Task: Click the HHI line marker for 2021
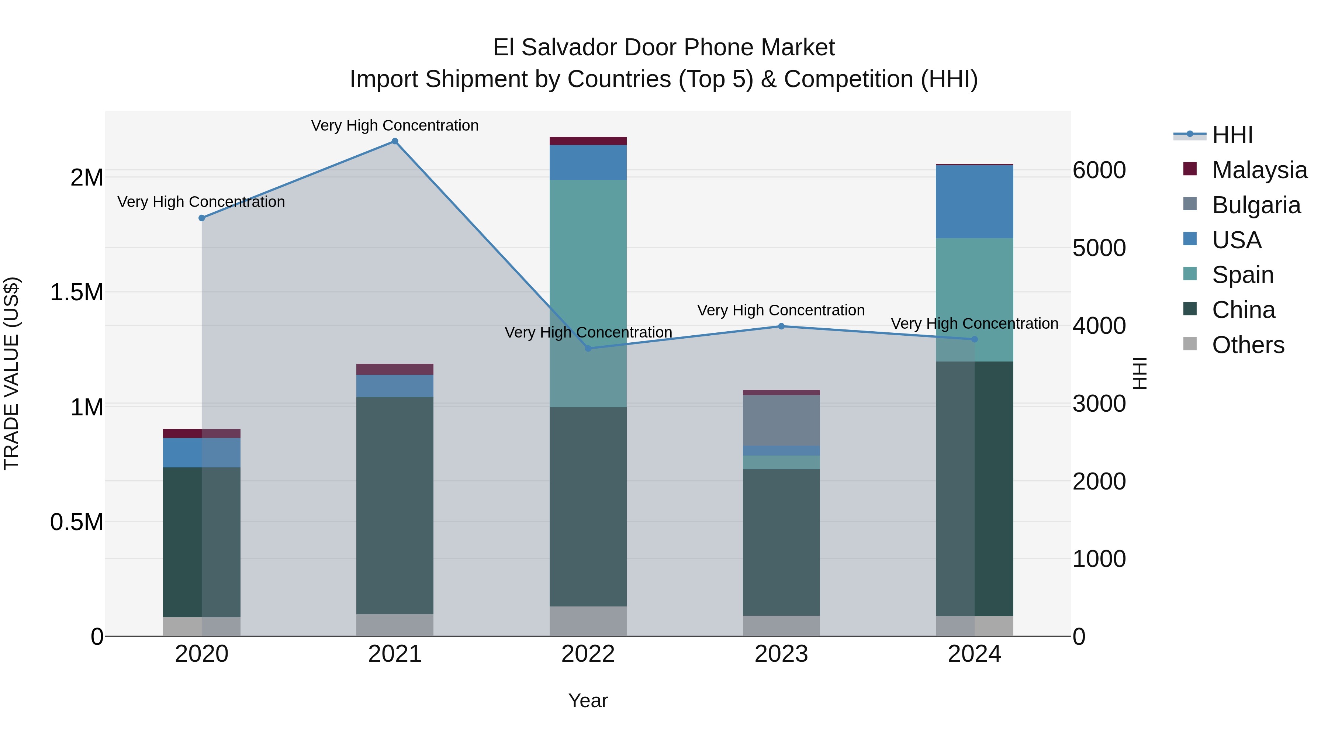tap(395, 141)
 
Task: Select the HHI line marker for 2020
tap(201, 218)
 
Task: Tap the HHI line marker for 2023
tap(781, 326)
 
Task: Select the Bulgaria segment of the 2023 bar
tap(781, 420)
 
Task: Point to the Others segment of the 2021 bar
tap(395, 625)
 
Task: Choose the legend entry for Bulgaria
tap(1256, 205)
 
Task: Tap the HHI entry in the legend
tap(1232, 135)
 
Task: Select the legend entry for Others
tap(1248, 345)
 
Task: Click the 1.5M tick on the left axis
tap(76, 292)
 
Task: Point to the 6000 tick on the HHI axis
tap(1099, 171)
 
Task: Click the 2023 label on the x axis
tap(781, 654)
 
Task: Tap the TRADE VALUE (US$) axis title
tap(11, 373)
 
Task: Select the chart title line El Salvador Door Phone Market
tap(664, 48)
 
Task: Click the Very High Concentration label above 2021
tap(395, 125)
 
